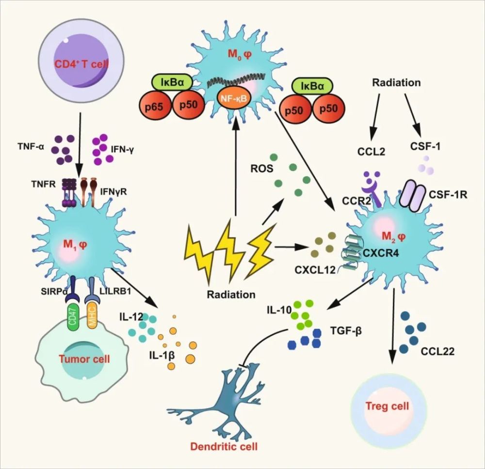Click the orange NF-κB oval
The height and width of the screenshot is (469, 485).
coord(234,98)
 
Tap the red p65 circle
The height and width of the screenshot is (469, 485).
coord(154,107)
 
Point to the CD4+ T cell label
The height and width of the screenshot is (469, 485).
coord(81,64)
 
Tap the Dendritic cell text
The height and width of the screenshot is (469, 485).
coord(224,446)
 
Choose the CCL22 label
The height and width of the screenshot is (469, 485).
coord(437,351)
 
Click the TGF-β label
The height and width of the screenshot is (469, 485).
coord(346,331)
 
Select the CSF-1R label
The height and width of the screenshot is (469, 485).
coord(448,195)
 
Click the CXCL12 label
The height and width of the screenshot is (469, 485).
coord(315,270)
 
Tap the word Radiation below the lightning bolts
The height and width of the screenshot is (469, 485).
coord(231,295)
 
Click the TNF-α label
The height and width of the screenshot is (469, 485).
coord(31,146)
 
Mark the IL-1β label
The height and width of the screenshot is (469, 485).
coord(162,355)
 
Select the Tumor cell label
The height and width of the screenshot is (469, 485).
coord(84,359)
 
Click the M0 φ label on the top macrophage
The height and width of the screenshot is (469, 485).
coord(240,55)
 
